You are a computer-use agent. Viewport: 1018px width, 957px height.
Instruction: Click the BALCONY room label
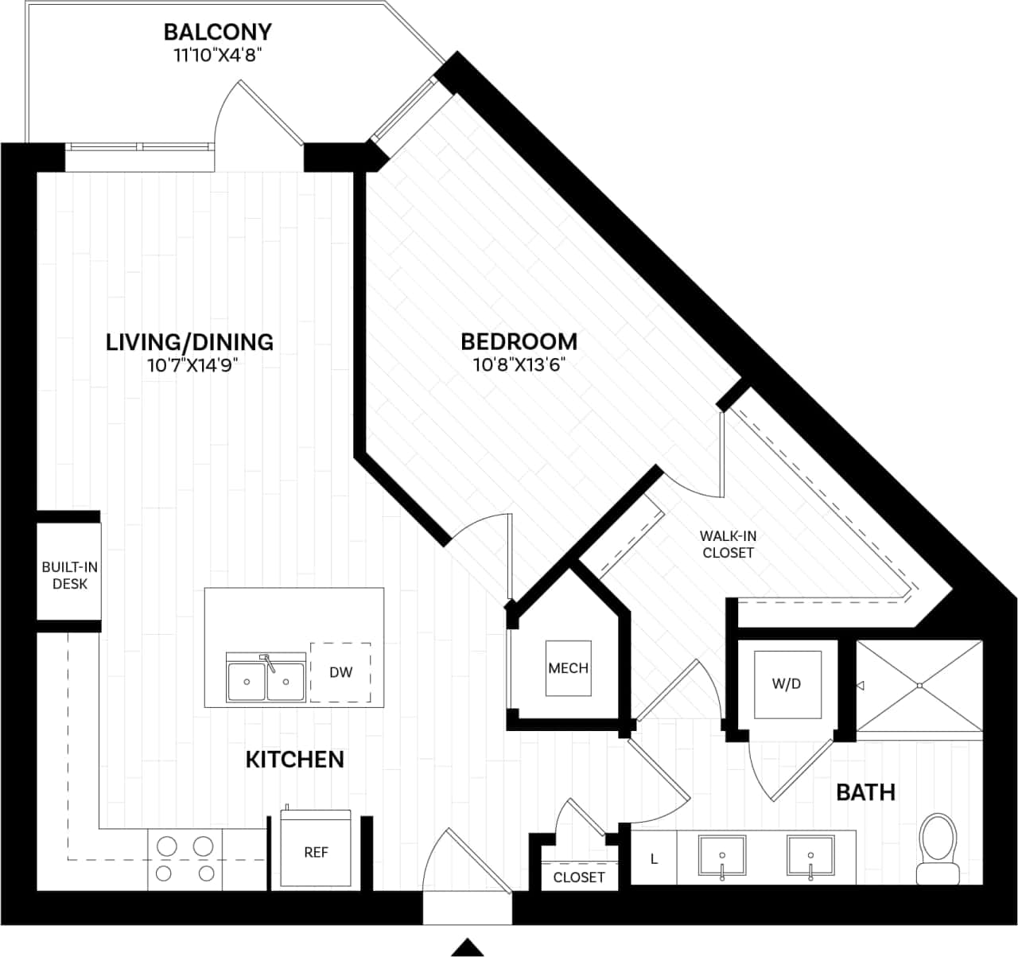217,32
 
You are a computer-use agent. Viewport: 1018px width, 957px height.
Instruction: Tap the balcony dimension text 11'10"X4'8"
217,55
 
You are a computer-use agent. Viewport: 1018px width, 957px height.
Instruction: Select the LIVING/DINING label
189,342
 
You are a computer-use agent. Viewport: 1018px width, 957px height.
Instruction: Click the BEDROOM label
519,341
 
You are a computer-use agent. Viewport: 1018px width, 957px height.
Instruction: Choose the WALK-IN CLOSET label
728,544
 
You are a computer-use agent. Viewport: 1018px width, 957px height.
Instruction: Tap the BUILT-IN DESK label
70,575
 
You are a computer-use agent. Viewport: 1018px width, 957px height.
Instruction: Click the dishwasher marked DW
340,672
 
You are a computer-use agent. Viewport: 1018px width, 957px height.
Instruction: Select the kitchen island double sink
266,679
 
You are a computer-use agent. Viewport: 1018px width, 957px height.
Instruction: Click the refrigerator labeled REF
316,852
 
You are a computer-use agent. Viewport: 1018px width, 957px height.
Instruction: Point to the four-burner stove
185,859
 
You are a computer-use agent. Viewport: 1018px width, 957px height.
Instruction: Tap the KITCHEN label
294,760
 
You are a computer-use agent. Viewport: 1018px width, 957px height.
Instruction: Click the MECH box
568,668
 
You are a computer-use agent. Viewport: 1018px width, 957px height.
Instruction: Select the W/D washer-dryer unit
786,684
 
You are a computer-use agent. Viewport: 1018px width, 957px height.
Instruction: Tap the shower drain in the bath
919,685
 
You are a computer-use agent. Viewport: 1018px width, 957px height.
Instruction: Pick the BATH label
865,792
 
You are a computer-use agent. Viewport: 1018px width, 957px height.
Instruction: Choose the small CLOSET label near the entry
578,877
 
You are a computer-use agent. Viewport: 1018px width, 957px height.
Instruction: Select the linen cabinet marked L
654,858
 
